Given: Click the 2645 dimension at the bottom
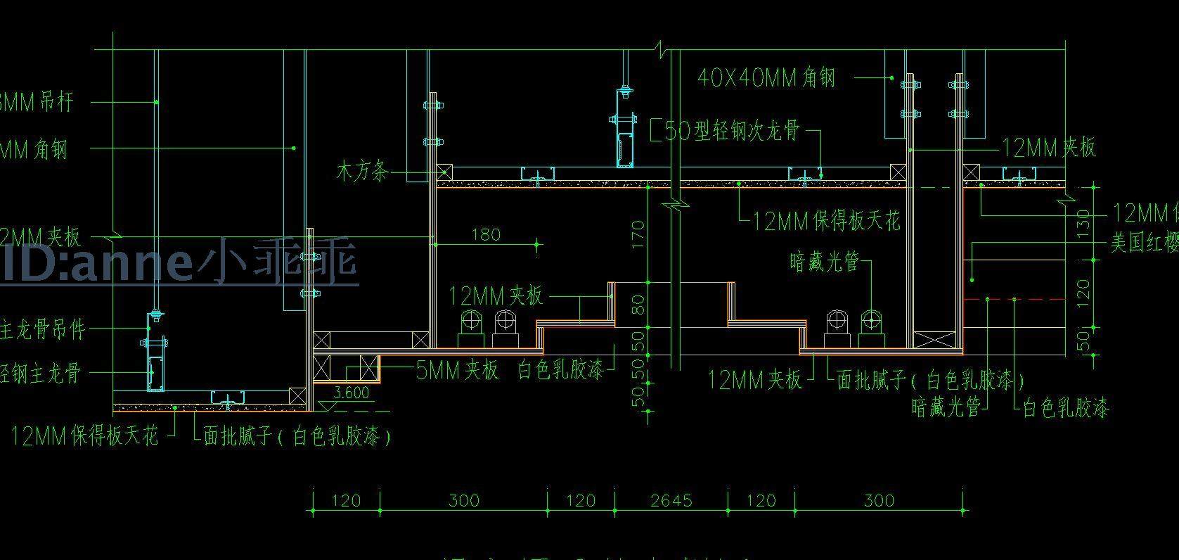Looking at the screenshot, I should click(x=671, y=501).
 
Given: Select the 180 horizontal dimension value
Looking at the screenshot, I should click(x=486, y=234).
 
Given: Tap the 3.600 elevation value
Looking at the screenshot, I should click(x=351, y=393).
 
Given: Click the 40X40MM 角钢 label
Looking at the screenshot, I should click(x=766, y=77).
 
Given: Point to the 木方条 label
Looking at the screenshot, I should click(x=362, y=171).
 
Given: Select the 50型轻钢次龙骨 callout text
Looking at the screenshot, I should click(x=731, y=131).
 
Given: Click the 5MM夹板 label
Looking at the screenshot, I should click(x=457, y=370).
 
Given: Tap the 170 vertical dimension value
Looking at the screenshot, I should click(x=638, y=234).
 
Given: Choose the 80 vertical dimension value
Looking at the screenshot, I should click(x=638, y=305).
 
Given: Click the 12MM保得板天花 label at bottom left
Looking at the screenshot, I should click(x=84, y=436).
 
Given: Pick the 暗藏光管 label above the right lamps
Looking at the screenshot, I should click(x=825, y=262).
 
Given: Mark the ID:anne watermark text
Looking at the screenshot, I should click(x=179, y=262).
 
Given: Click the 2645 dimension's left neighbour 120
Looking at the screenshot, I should click(x=581, y=501).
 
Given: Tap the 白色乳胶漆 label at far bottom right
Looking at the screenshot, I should click(x=1065, y=407).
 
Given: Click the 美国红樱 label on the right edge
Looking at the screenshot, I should click(x=1144, y=243).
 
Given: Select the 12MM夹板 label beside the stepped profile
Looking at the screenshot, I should click(x=496, y=295).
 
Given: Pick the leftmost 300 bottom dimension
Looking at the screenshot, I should click(x=464, y=501).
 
